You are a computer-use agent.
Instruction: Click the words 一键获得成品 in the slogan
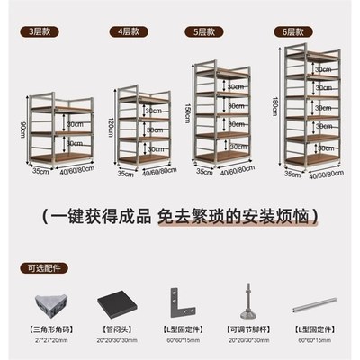click(98, 216)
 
